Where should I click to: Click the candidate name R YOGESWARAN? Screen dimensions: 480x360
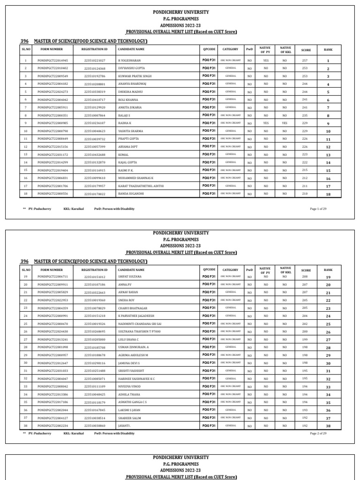point(129,61)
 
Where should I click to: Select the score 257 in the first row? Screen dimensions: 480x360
point(305,61)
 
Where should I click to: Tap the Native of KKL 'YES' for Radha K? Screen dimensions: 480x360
point(285,123)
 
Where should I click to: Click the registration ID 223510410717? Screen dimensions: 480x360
point(95,100)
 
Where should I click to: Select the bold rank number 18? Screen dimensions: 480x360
point(328,194)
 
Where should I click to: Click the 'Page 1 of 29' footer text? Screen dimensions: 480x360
point(318,209)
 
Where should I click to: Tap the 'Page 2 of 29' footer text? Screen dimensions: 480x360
point(318,434)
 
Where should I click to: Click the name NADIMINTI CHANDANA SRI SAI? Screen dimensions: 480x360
point(140,324)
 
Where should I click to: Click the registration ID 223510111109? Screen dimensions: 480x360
point(95,387)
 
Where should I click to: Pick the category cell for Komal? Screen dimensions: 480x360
point(231,154)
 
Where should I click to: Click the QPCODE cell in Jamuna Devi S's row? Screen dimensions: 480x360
point(209,363)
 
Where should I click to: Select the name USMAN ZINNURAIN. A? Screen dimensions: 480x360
point(133,347)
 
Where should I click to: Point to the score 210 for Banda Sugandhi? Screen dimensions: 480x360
point(305,194)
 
